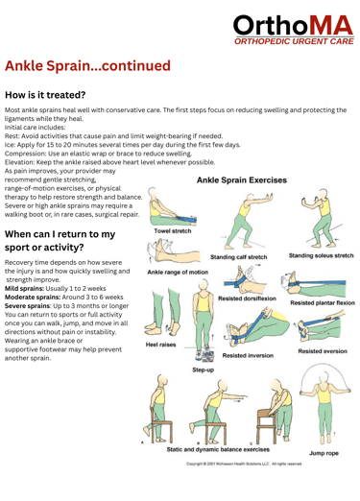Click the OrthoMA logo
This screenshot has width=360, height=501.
[x=294, y=30]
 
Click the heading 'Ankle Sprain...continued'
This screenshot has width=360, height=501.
[x=87, y=66]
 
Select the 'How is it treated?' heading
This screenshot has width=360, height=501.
[x=45, y=95]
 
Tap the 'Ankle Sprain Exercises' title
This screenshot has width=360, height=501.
[x=242, y=180]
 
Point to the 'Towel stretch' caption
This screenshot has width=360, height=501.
[x=173, y=231]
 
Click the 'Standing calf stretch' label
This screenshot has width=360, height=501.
[x=238, y=257]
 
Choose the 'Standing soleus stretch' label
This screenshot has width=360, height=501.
[x=321, y=255]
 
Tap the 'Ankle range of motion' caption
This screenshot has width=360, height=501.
[x=178, y=273]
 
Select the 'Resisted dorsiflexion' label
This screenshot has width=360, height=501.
[x=247, y=298]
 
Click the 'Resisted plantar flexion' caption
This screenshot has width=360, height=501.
[x=323, y=302]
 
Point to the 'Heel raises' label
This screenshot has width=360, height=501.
[x=160, y=345]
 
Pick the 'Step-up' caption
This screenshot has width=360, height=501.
[x=203, y=370]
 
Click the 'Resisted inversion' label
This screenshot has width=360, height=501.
[x=248, y=355]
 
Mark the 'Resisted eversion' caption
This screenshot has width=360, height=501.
[x=323, y=351]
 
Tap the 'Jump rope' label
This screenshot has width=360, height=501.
[x=324, y=453]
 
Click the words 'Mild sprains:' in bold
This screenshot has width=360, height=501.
[x=24, y=289]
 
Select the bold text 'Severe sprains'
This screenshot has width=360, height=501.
[x=28, y=306]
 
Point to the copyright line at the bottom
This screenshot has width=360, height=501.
[x=244, y=464]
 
